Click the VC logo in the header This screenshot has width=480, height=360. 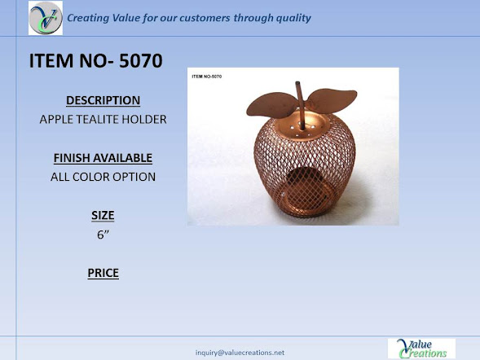click(46, 18)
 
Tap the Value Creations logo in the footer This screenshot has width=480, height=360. click(421, 349)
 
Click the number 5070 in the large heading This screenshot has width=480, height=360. click(141, 60)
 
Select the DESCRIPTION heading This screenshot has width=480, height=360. click(103, 100)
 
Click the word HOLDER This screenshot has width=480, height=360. click(144, 119)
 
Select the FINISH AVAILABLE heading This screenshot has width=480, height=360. click(103, 158)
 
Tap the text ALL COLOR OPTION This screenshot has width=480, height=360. click(103, 177)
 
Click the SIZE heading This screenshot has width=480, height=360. click(103, 215)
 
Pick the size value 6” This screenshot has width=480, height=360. click(103, 235)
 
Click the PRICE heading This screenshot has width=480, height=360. click(103, 273)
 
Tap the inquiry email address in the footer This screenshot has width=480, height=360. click(240, 353)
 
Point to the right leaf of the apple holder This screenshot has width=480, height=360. click(332, 99)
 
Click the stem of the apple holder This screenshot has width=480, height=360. click(301, 105)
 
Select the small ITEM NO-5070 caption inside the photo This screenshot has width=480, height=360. click(207, 77)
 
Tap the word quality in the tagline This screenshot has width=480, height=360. click(293, 18)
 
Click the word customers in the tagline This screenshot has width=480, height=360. click(205, 18)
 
